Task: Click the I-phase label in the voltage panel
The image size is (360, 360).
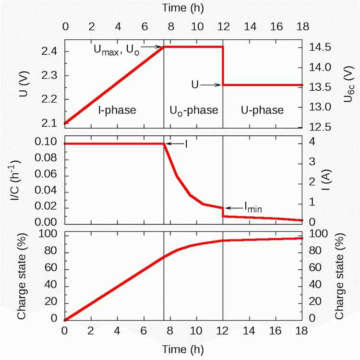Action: (117, 110)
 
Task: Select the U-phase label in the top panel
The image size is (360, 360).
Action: (262, 110)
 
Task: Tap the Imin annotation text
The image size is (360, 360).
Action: (253, 207)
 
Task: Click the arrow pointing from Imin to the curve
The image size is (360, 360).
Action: (234, 208)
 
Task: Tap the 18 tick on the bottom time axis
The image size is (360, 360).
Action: (301, 332)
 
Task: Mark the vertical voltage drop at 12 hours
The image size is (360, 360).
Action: (223, 66)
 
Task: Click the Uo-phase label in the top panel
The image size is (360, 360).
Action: (194, 110)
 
